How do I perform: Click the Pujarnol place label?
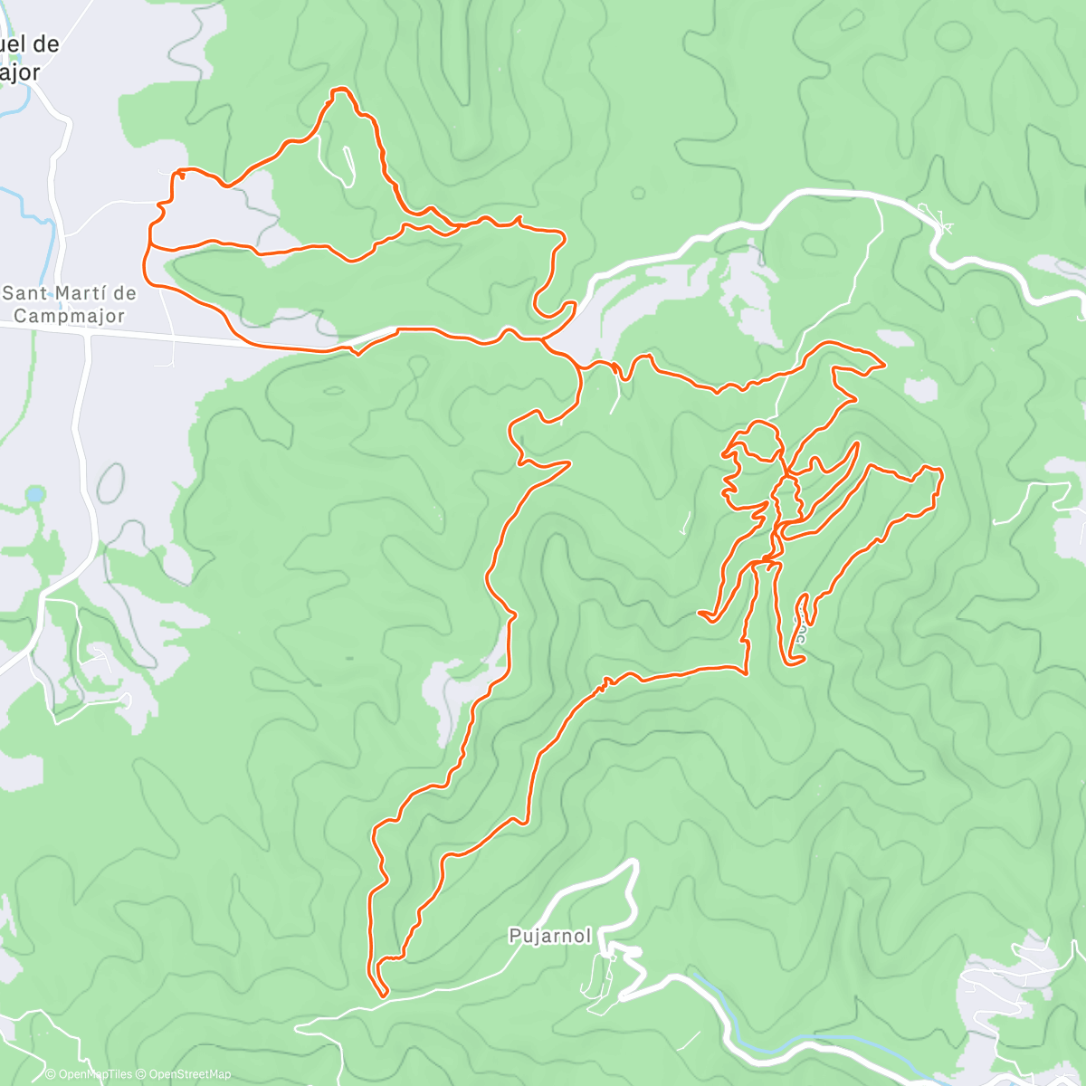tap(550, 936)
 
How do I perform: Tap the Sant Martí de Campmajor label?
tap(70, 304)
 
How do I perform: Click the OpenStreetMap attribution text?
tap(185, 1074)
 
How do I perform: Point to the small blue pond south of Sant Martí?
tap(34, 494)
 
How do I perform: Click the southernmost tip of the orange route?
tap(384, 995)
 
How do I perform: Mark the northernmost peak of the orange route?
tap(340, 90)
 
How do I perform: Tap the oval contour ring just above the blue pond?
tap(110, 482)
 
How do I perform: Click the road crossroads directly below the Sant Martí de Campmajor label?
tap(88, 334)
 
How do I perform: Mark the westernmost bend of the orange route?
tap(145, 262)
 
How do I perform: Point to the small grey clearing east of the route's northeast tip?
tap(919, 389)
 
